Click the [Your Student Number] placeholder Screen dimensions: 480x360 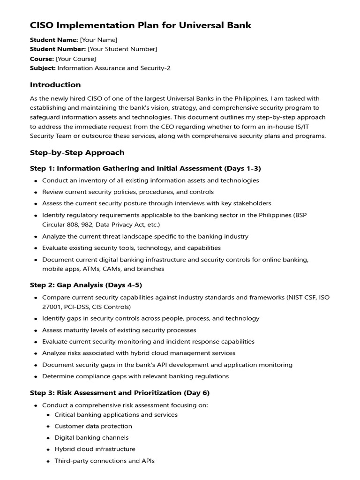[x=122, y=49]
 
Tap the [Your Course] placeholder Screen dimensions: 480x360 [x=76, y=59]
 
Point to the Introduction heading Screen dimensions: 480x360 [x=55, y=85]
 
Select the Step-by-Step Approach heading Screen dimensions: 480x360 [x=77, y=153]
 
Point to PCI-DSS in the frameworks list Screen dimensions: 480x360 [x=75, y=307]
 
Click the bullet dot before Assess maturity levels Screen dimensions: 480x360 [x=36, y=330]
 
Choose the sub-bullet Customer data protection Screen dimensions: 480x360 [x=93, y=426]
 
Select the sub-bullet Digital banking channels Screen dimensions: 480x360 [x=91, y=438]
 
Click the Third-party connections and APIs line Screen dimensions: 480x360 [x=105, y=461]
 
